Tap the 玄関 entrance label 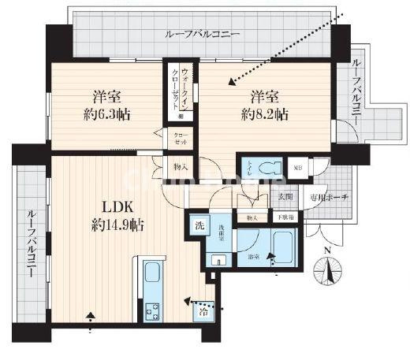tap(284, 197)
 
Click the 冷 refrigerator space tap(203, 310)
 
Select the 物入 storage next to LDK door tap(181, 166)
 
